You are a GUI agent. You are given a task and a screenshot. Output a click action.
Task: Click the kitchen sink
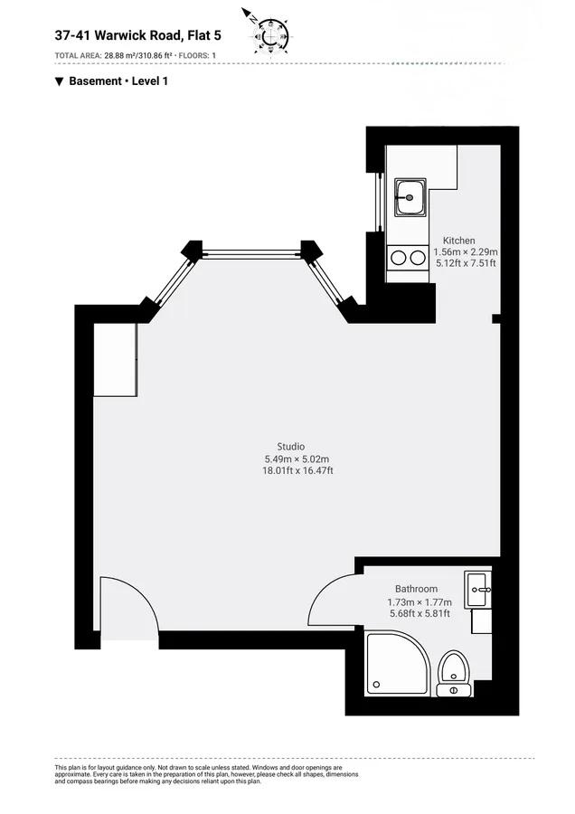click(410, 197)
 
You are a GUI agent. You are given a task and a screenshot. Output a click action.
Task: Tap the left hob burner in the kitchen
click(398, 258)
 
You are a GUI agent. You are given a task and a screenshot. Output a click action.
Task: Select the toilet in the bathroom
click(454, 673)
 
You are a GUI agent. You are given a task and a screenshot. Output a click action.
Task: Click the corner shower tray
click(398, 663)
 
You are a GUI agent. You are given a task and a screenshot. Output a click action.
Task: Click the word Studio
click(290, 447)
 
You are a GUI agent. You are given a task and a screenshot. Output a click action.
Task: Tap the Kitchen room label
click(458, 241)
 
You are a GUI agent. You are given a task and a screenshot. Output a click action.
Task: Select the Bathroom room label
click(416, 589)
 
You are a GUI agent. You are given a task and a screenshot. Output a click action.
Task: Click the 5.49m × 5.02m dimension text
click(297, 459)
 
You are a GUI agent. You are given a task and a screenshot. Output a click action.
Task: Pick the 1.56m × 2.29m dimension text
click(466, 251)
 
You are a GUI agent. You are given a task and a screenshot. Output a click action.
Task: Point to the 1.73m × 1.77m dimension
click(419, 602)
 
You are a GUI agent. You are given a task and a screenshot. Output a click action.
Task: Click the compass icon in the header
click(269, 33)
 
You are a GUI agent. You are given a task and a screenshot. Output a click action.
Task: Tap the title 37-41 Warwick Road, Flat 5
click(138, 35)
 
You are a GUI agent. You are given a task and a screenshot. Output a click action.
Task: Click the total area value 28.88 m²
click(120, 55)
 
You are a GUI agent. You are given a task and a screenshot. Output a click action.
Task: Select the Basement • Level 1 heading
click(111, 81)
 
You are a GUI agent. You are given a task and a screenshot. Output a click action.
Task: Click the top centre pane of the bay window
click(251, 254)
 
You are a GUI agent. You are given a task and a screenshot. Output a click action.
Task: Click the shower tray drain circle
click(377, 685)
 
